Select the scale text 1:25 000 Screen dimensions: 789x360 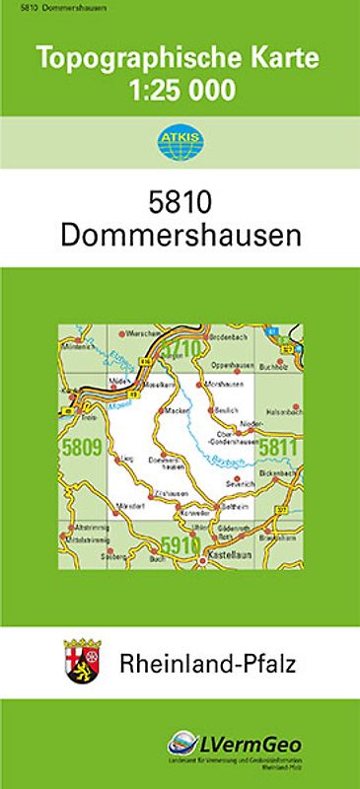(180, 91)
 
